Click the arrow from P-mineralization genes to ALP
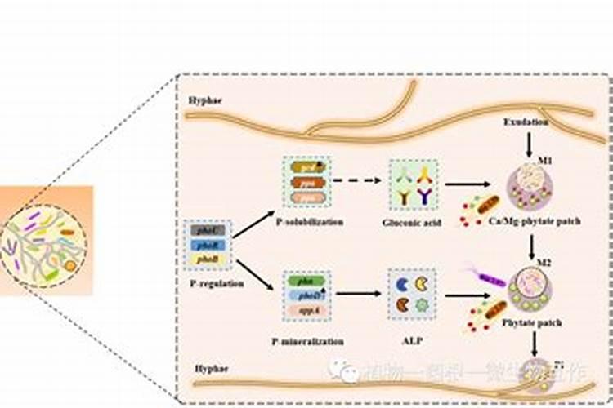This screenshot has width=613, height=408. [x=360, y=293]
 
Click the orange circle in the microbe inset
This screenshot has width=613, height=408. [x=71, y=265]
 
